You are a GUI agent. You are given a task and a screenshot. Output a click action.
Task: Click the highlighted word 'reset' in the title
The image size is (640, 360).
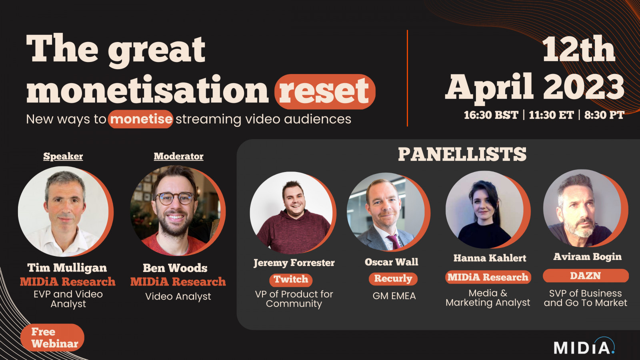coord(325,92)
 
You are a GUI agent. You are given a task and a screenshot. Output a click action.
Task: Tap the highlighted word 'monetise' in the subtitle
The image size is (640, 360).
coord(140,119)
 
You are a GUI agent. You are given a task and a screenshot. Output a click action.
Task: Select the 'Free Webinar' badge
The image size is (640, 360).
coord(52,338)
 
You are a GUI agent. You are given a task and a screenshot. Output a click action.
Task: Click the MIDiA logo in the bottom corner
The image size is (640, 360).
coord(584,346)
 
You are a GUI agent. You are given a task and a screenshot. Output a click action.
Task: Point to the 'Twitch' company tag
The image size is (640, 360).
coord(291,280)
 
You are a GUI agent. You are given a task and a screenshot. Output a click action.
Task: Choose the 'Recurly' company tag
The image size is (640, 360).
coord(393,278)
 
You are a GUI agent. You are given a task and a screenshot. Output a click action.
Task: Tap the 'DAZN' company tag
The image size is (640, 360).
coord(586,276)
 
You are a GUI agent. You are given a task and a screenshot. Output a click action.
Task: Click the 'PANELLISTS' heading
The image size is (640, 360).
coord(462,154)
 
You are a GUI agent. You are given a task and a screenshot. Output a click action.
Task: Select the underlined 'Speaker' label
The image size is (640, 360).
coord(63,156)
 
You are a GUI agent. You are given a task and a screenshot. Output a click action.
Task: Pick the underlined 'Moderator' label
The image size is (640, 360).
coord(178,156)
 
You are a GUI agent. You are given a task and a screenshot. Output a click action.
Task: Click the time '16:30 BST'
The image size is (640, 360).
coord(491,115)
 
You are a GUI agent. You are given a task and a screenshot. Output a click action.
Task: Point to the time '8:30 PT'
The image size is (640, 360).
coord(604,115)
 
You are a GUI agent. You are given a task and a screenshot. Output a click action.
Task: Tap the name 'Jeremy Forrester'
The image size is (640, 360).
coord(294,263)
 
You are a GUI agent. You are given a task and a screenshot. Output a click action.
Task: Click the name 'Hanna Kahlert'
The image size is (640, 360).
coord(490,258)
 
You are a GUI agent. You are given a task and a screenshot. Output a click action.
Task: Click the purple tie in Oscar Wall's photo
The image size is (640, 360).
coord(394,242)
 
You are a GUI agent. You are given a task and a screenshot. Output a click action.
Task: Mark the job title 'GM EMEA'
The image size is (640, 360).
coord(394,296)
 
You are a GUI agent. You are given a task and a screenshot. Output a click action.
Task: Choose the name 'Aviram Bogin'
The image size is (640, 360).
coord(588,257)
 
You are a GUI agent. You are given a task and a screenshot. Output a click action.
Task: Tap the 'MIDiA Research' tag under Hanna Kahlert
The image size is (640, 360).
coord(488,277)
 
